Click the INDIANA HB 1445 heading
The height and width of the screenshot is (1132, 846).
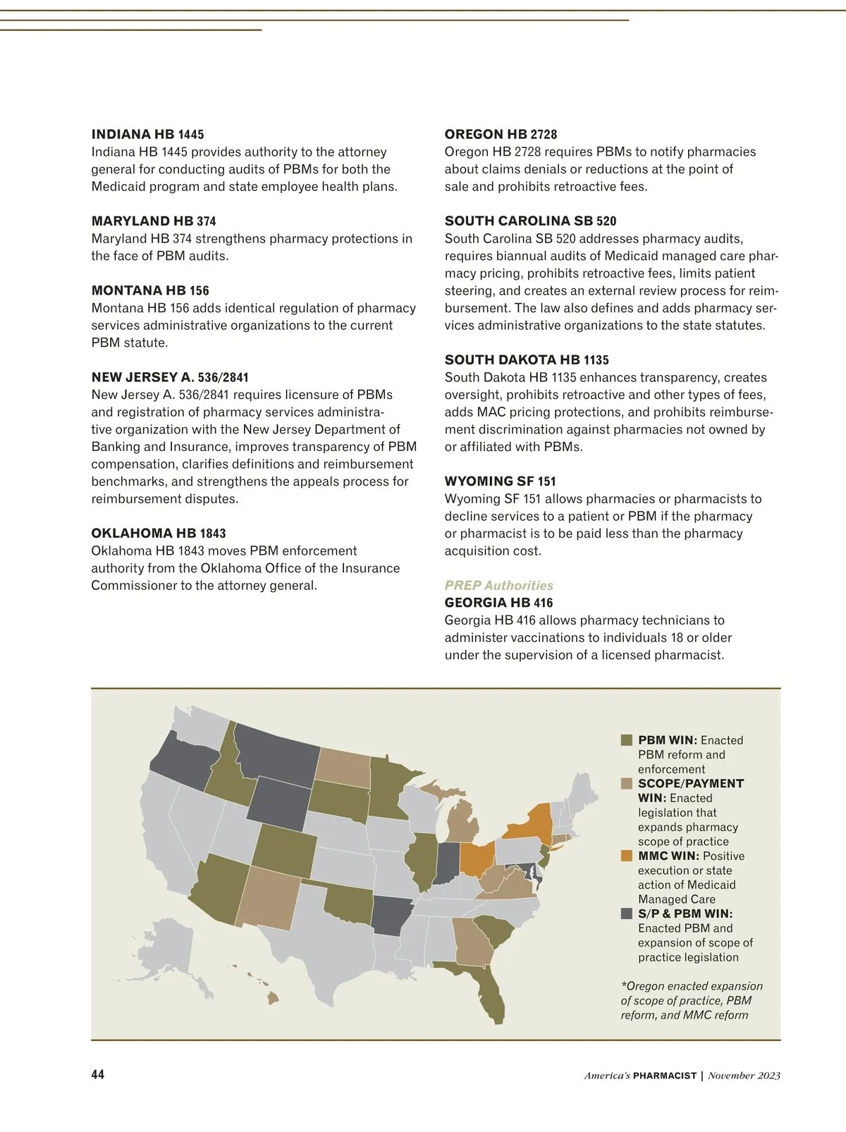[147, 135]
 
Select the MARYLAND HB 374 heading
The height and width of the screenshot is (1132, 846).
[154, 221]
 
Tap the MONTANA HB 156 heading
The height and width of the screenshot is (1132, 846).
[150, 290]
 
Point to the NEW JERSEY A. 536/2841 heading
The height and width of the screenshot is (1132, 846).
[170, 378]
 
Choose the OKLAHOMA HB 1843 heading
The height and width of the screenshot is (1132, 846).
[159, 534]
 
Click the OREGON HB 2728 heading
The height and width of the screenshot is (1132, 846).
[501, 135]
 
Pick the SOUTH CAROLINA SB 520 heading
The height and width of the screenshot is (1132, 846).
[530, 221]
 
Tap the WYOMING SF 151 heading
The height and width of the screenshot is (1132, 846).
[500, 481]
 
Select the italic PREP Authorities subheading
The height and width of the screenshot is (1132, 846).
[498, 586]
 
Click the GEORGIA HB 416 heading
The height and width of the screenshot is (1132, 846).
[498, 603]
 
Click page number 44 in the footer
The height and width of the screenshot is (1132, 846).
[97, 1074]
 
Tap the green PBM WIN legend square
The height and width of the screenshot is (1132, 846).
[627, 740]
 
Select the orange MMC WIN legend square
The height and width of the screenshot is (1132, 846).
[627, 856]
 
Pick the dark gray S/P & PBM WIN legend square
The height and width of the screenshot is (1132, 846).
[627, 913]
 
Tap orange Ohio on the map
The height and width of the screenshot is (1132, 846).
[476, 858]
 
